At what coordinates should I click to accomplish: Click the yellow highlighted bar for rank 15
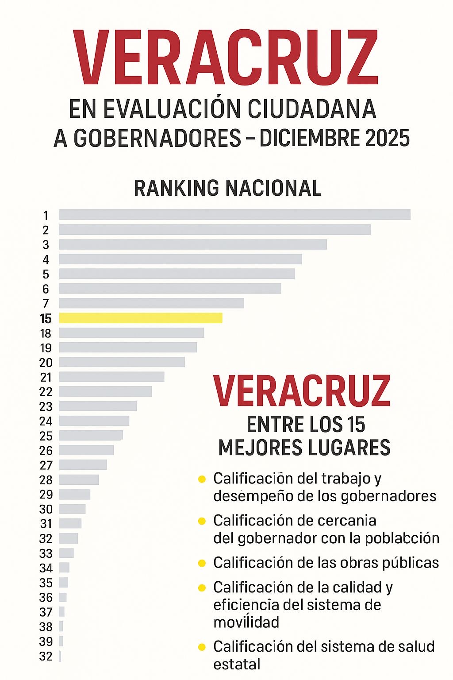click(x=141, y=318)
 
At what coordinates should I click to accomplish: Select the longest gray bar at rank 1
click(x=234, y=215)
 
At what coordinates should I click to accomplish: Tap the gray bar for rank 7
click(x=151, y=303)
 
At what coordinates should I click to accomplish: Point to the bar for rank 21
click(x=111, y=377)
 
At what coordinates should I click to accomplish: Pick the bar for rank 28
click(x=79, y=479)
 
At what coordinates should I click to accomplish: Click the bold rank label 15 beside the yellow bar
click(x=46, y=319)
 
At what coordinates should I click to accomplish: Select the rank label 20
click(x=46, y=363)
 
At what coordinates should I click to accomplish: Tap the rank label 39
click(x=46, y=641)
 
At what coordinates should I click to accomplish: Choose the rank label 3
click(x=46, y=245)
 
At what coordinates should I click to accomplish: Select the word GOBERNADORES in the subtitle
click(x=157, y=138)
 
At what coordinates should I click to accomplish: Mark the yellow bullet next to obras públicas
click(x=202, y=563)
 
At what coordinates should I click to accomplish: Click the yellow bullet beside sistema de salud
click(x=202, y=647)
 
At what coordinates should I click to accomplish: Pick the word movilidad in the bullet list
click(x=246, y=622)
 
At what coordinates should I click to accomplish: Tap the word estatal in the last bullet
click(x=237, y=665)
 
